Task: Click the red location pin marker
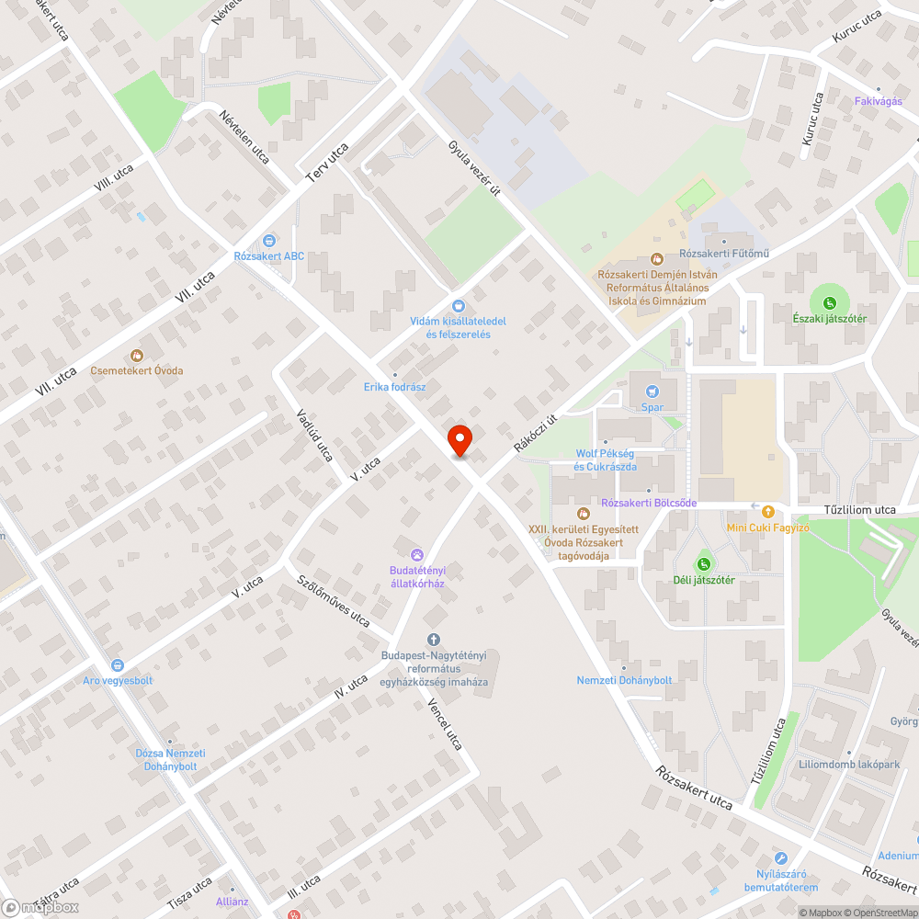click(459, 440)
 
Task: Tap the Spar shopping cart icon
click(652, 391)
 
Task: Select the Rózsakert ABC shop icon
click(268, 240)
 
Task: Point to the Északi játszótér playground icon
click(829, 302)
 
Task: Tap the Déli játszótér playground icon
click(704, 563)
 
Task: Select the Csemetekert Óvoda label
click(136, 370)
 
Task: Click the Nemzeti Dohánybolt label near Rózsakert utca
click(624, 680)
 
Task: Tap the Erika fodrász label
click(394, 387)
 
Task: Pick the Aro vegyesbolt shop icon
click(117, 664)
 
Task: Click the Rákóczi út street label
click(536, 431)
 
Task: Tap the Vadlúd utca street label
click(313, 434)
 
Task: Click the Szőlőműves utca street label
click(332, 602)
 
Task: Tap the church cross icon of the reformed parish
click(434, 640)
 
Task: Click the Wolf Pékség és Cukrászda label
click(605, 460)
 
